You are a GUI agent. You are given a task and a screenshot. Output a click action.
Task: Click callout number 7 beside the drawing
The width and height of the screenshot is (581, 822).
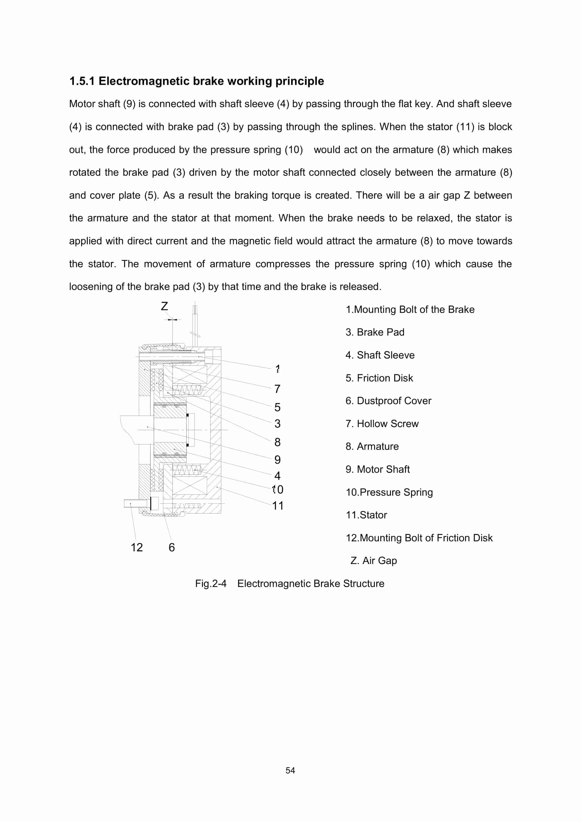tap(277, 389)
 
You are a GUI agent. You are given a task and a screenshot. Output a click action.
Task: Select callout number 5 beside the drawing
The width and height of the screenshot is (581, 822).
tap(277, 407)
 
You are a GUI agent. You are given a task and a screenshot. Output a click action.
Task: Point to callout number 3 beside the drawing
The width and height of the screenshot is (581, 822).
tap(277, 424)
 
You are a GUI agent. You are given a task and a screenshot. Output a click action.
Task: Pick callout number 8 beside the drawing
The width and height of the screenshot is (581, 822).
tap(277, 442)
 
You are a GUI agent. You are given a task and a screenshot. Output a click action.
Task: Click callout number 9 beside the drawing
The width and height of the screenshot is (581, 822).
tap(277, 460)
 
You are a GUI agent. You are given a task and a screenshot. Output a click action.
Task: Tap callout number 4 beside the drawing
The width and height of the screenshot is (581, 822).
tap(277, 476)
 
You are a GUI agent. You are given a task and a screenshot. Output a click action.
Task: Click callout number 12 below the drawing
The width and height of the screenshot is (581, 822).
tap(137, 547)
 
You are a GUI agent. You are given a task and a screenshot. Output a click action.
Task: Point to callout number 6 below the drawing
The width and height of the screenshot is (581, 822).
tap(172, 547)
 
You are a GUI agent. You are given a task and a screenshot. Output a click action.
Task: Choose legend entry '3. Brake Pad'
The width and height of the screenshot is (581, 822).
tap(375, 332)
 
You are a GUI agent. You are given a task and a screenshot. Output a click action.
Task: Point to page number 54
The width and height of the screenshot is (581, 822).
tap(290, 771)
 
